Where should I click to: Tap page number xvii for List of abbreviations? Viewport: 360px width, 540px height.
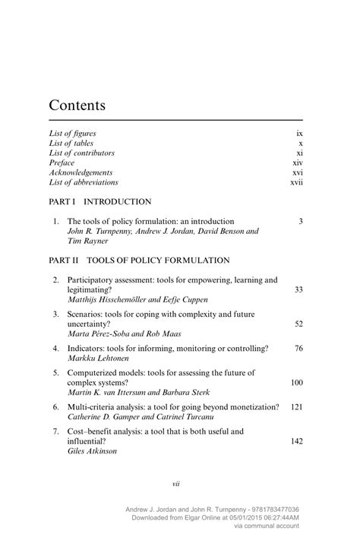pyautogui.click(x=296, y=182)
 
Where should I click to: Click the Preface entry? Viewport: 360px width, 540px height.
pyautogui.click(x=62, y=163)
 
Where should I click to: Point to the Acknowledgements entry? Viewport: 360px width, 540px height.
pyautogui.click(x=81, y=172)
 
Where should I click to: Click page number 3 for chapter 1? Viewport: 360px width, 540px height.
pyautogui.click(x=301, y=221)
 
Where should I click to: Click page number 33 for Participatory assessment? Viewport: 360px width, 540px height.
pyautogui.click(x=298, y=289)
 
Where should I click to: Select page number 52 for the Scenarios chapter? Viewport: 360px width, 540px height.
pyautogui.click(x=298, y=324)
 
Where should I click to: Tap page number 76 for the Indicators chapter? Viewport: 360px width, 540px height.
pyautogui.click(x=298, y=348)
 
